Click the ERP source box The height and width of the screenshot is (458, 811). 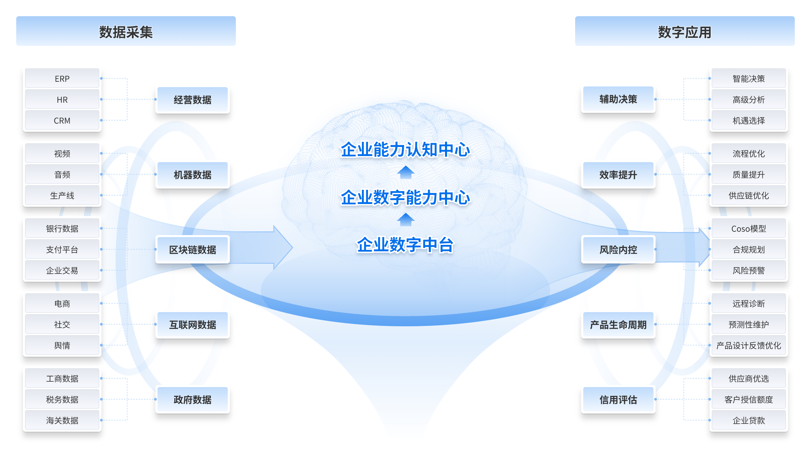point(62,78)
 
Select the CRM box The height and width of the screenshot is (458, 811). point(62,120)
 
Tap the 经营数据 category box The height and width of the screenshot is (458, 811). point(193,100)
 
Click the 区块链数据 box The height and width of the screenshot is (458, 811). point(193,250)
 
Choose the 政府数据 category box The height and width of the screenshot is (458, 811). point(193,400)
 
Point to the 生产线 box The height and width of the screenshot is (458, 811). point(62,195)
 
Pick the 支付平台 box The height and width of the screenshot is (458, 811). point(62,249)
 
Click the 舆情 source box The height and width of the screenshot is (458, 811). point(62,345)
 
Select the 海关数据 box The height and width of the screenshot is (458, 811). point(62,420)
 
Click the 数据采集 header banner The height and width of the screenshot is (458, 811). point(126,31)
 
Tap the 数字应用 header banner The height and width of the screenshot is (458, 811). point(685,31)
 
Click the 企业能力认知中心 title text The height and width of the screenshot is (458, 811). point(405,150)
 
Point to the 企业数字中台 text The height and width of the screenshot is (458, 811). point(405,245)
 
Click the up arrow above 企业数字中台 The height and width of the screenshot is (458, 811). point(405,220)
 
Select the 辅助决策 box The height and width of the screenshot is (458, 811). point(618,99)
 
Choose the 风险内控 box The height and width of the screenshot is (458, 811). point(618,250)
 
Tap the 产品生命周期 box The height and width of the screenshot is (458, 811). point(618,325)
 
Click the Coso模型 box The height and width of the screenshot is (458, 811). point(749,228)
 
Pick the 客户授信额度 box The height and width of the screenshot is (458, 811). point(749,399)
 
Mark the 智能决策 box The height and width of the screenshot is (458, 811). point(749,78)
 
